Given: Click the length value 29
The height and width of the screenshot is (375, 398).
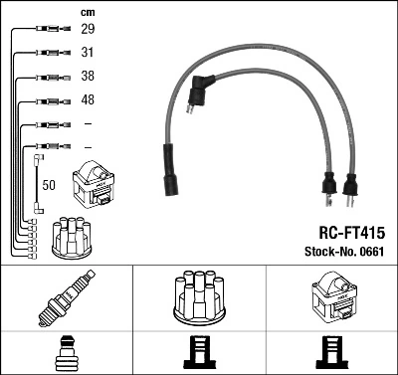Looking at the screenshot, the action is [88, 29].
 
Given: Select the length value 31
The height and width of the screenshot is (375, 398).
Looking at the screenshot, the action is [88, 53].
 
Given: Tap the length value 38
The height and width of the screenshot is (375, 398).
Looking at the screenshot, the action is [88, 76].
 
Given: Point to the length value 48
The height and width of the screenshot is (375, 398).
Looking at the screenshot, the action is [88, 99].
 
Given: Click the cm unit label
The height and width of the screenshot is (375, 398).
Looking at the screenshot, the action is [88, 13].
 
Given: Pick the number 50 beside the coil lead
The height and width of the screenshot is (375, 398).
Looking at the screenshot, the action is [49, 185].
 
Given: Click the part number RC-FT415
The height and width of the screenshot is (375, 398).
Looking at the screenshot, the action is [352, 233].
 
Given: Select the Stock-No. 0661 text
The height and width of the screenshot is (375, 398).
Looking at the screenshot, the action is [344, 252].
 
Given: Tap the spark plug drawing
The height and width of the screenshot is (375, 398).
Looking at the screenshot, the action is [67, 298].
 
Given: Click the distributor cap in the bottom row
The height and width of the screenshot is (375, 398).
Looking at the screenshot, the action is [199, 297].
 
